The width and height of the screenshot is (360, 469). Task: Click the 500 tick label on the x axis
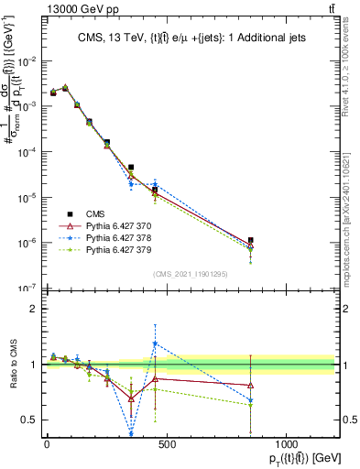(167, 443)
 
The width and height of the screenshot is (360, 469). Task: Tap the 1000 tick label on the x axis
(286, 443)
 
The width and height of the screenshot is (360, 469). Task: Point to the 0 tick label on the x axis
(47, 443)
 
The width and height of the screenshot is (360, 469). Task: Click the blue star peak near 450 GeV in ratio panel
(155, 344)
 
